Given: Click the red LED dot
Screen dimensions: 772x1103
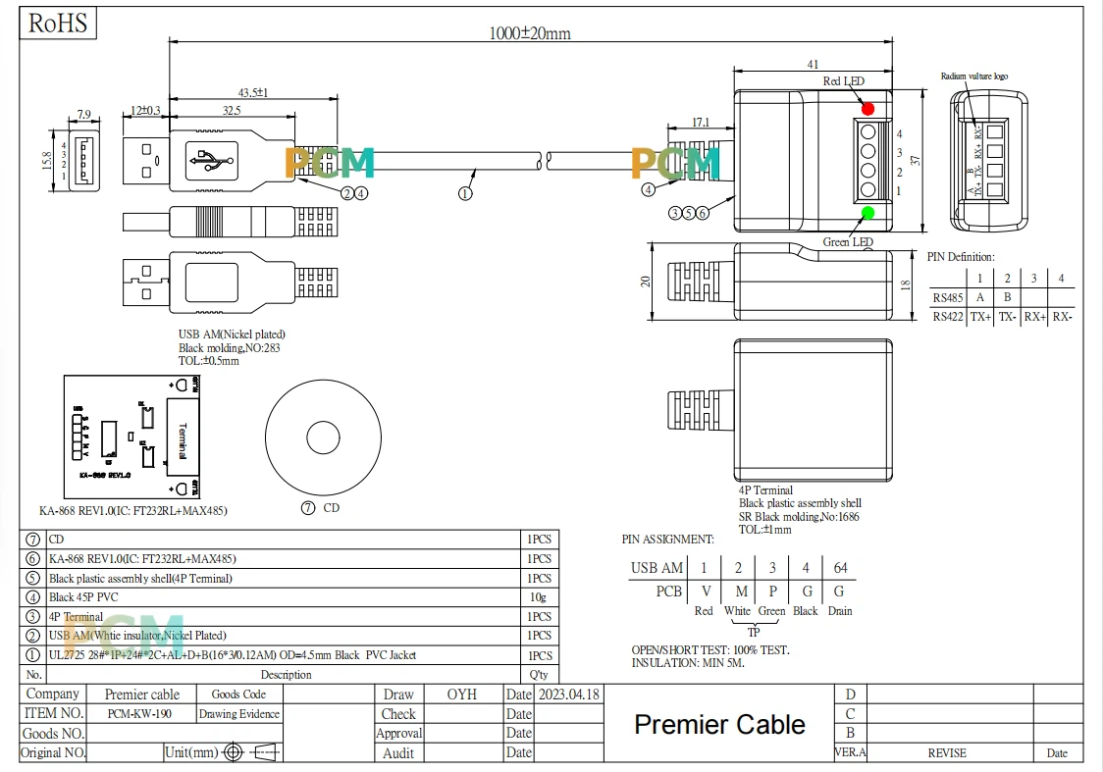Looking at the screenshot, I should (x=867, y=108).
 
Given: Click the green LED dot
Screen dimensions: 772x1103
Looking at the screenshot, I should (x=867, y=214).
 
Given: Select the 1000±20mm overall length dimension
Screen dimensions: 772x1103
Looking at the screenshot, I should (x=530, y=33).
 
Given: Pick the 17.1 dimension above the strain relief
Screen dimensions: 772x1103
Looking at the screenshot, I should (x=700, y=123).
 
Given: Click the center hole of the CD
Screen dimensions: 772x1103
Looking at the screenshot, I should (x=324, y=437).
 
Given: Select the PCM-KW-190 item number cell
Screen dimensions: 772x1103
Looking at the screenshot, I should (x=140, y=714).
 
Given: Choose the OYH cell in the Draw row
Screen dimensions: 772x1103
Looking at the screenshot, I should (x=461, y=695).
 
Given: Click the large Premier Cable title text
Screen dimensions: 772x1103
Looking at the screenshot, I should (x=719, y=725).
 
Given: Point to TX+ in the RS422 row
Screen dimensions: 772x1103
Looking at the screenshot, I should (x=980, y=317).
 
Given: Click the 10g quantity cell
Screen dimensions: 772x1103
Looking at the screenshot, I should (x=539, y=597).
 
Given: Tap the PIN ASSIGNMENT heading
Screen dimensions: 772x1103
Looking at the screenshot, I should (x=667, y=540).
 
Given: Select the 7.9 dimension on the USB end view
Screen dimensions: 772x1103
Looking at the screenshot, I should (x=83, y=115).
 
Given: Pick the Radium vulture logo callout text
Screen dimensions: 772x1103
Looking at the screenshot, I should (x=973, y=76).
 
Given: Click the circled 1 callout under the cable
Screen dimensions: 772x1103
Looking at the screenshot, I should (x=465, y=193).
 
